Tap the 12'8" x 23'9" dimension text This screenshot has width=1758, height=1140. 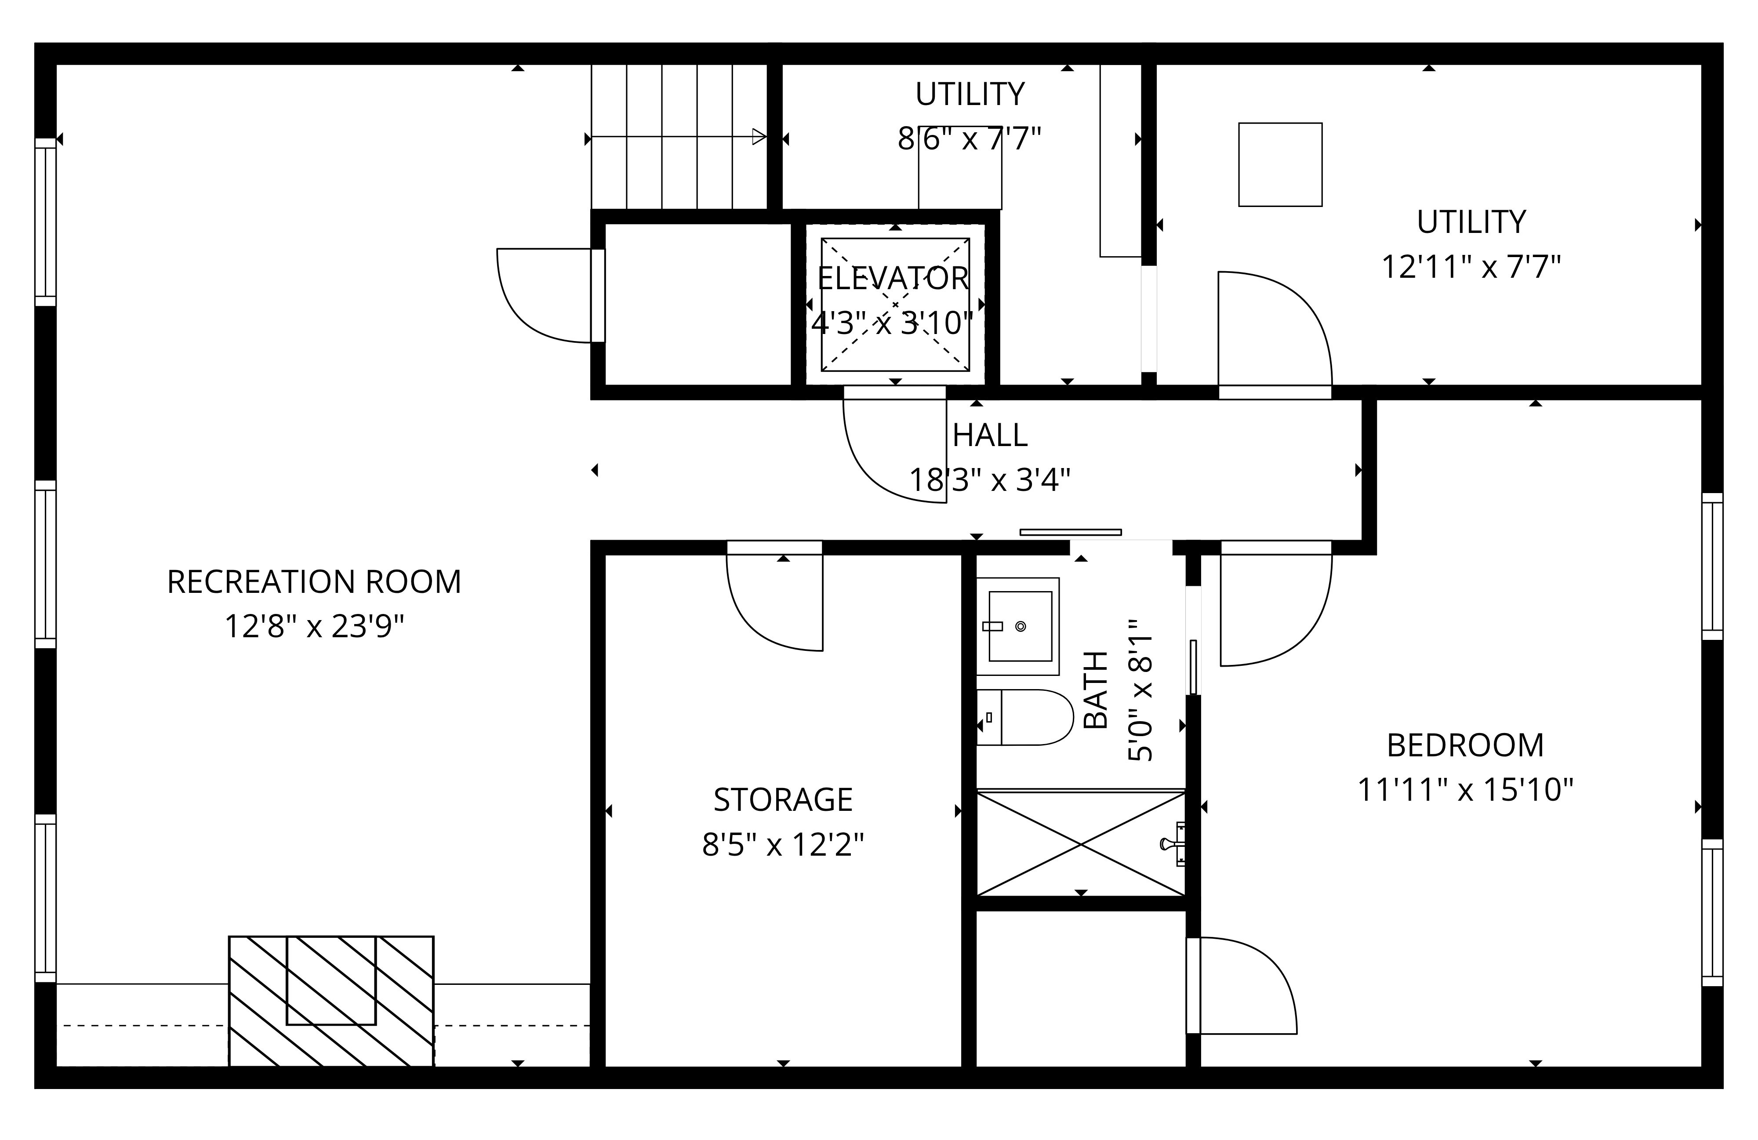[x=314, y=627]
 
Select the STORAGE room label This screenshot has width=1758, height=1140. [x=783, y=799]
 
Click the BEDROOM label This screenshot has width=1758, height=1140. [x=1465, y=745]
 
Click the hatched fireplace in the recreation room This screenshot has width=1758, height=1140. [x=331, y=1001]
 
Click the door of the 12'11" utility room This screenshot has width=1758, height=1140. [x=1274, y=333]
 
